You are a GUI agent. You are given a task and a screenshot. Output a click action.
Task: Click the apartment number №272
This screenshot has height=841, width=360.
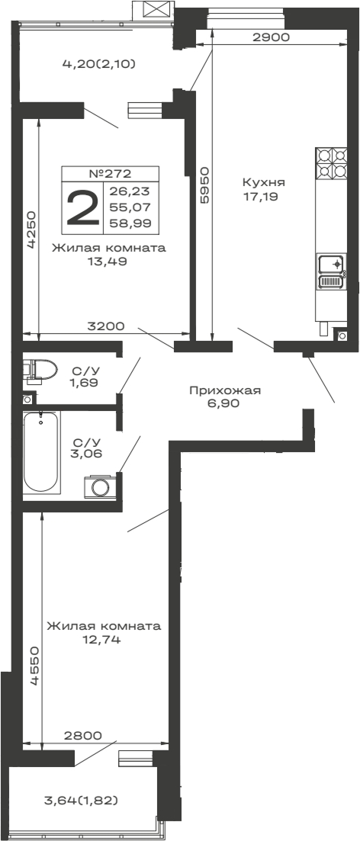point(111,173)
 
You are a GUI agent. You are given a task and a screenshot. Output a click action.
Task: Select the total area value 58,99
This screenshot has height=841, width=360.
point(130,223)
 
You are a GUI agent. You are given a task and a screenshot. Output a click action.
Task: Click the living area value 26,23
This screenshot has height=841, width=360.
point(130,191)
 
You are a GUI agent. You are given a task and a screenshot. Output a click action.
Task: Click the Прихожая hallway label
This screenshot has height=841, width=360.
point(225,391)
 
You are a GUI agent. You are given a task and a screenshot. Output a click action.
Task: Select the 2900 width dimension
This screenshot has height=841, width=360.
point(271,37)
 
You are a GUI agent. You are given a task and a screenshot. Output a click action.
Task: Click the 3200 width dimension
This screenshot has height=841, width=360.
point(106,326)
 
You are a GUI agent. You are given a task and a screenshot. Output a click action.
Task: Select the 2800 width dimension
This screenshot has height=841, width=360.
point(83,736)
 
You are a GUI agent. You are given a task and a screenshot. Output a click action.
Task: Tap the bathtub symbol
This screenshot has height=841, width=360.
point(40,452)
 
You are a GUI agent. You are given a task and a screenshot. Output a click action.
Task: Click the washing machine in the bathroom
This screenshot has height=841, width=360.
point(100,486)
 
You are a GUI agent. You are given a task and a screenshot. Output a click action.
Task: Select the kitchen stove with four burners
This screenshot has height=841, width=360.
point(331,162)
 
